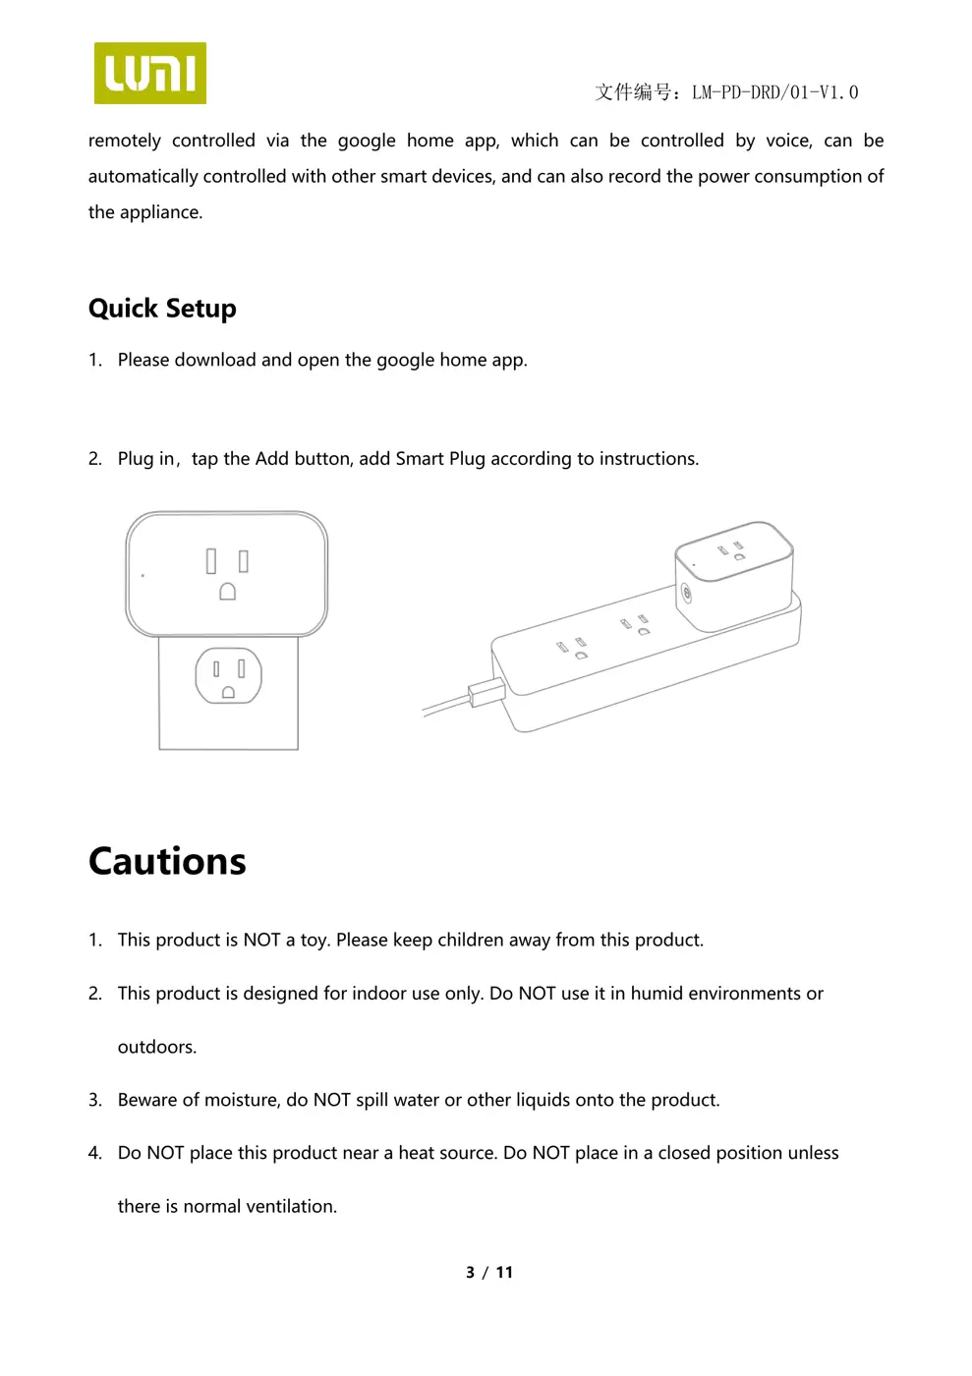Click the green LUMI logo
click(x=149, y=73)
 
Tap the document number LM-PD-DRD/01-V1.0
click(x=774, y=92)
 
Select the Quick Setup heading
click(x=162, y=309)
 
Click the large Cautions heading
click(x=167, y=861)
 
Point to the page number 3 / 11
click(x=489, y=1272)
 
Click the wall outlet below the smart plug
click(x=228, y=676)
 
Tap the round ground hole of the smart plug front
click(x=227, y=592)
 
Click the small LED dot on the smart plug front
click(x=143, y=575)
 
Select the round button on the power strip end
click(x=685, y=594)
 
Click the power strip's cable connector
click(x=486, y=691)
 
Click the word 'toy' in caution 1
click(x=314, y=940)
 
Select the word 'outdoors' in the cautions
click(x=155, y=1047)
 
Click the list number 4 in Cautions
click(x=94, y=1153)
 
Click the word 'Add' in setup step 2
click(x=271, y=458)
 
